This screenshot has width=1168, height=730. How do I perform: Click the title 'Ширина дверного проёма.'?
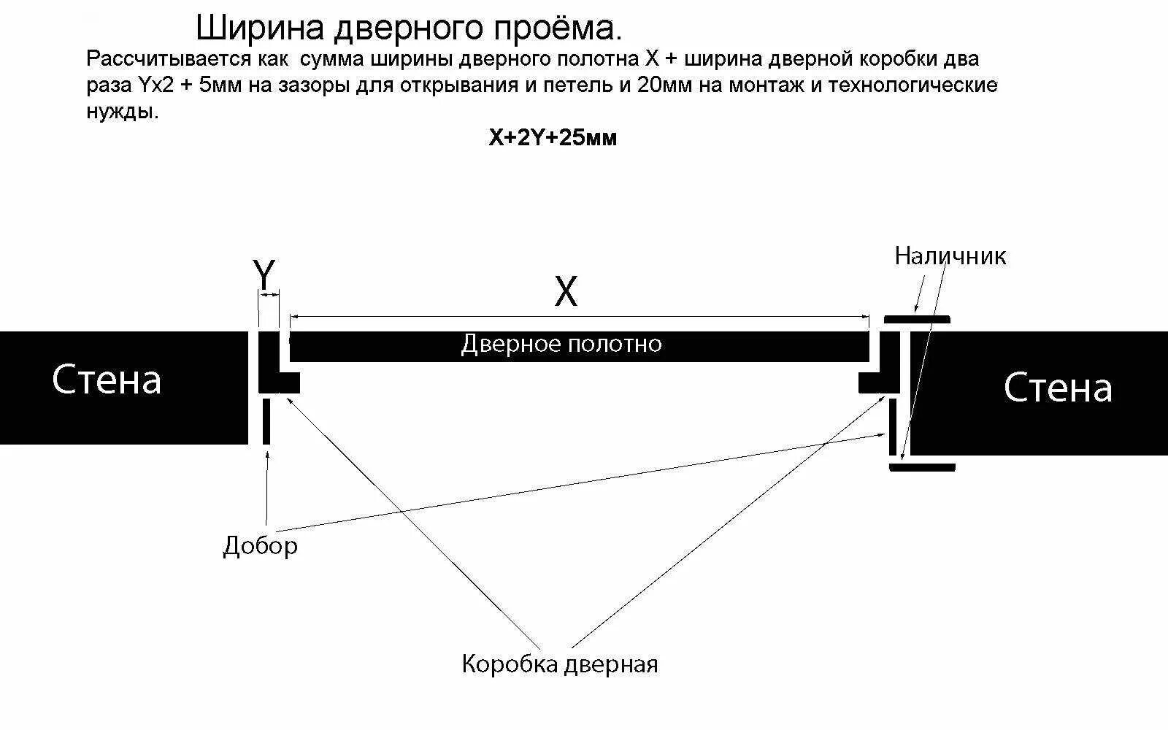click(x=410, y=28)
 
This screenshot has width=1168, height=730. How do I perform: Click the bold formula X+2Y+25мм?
click(x=553, y=138)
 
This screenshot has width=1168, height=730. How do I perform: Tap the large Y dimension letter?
click(x=264, y=275)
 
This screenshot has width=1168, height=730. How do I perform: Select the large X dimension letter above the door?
click(x=566, y=292)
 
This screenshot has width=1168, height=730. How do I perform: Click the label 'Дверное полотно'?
click(x=561, y=344)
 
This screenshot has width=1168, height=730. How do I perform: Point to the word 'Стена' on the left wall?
click(x=107, y=380)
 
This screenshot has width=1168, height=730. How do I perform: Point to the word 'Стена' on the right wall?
click(x=1058, y=388)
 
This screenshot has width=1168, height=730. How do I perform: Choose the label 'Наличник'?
click(x=950, y=256)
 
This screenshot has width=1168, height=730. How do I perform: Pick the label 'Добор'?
click(x=260, y=545)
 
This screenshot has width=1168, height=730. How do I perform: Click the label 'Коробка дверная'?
click(x=560, y=664)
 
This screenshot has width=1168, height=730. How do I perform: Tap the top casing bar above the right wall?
click(x=917, y=320)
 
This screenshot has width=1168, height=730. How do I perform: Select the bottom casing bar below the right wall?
click(x=922, y=467)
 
